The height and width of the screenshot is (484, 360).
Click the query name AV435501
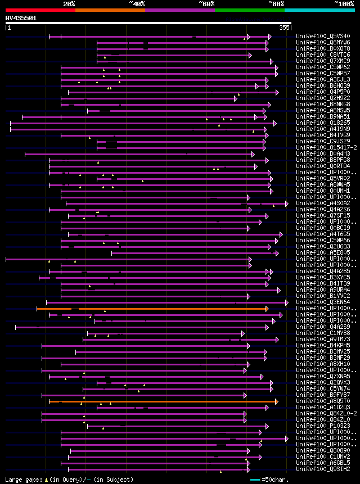(x=21, y=18)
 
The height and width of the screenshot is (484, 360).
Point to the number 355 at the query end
(x=284, y=27)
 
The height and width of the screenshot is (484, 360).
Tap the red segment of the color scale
(x=40, y=10)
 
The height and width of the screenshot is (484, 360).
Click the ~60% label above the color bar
(x=206, y=4)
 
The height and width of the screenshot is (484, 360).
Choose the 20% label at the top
(x=69, y=4)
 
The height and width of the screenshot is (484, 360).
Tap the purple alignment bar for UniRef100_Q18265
(x=141, y=123)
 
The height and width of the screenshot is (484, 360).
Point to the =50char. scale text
(x=275, y=480)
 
